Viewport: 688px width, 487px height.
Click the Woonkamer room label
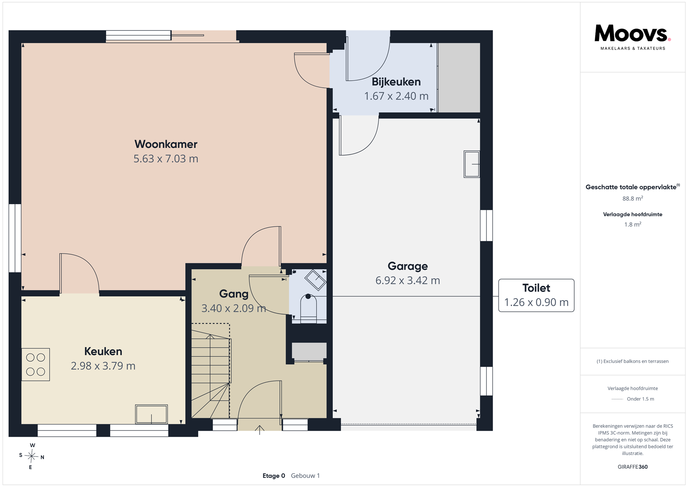166,144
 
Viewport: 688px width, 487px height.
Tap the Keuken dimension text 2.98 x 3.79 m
103,366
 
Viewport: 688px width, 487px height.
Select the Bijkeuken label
396,82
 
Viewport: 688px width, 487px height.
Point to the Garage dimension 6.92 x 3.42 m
408,280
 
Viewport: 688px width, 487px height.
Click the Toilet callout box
536,295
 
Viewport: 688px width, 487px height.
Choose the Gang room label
234,294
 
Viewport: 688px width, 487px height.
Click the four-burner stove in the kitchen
35,364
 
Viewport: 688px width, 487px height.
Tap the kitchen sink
151,414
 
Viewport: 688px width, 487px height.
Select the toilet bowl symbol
309,308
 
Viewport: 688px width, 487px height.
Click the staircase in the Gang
211,371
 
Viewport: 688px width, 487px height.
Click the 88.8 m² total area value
633,198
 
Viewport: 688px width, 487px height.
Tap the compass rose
32,456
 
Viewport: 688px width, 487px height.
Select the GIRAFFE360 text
633,467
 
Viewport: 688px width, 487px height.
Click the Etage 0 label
274,476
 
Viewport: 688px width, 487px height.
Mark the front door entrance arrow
259,430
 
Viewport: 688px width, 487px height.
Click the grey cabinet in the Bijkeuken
459,77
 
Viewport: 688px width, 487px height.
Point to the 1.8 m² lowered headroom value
633,224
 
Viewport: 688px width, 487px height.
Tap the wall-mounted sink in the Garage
472,164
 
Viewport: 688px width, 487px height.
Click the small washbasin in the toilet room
315,280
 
